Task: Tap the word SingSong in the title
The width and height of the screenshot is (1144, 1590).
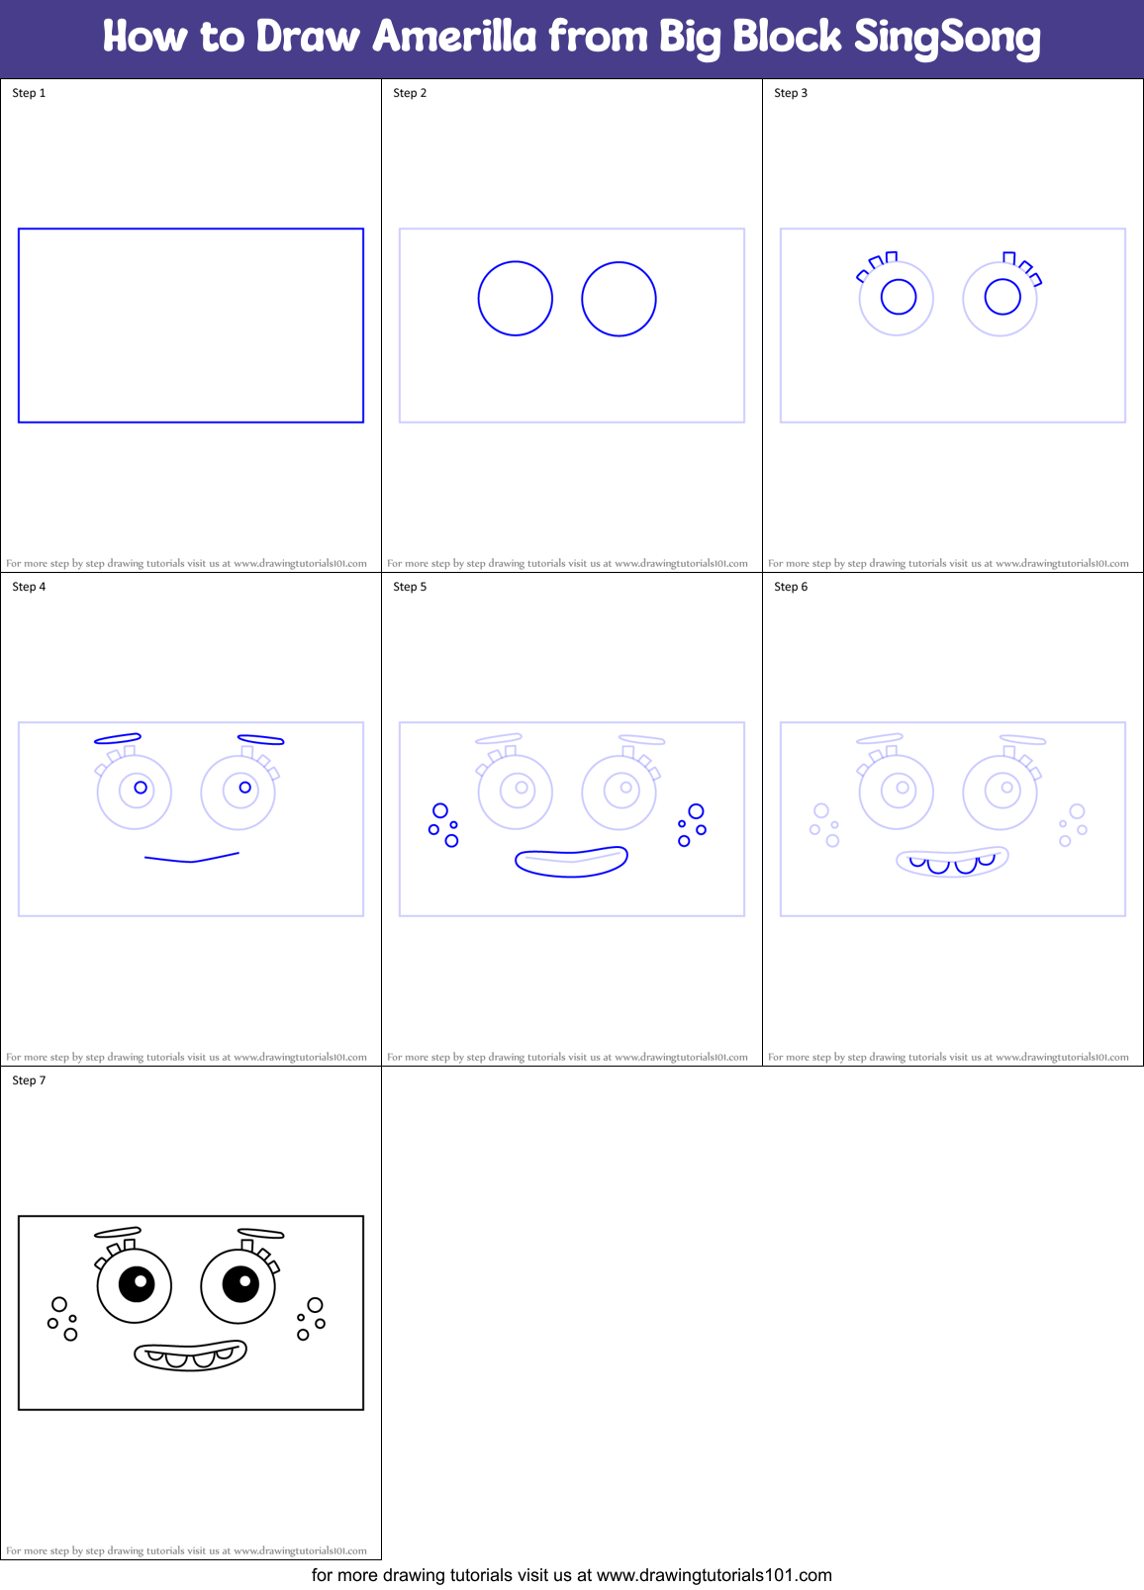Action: (947, 38)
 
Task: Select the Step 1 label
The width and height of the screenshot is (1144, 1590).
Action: (29, 93)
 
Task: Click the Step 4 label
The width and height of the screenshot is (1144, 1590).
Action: (29, 587)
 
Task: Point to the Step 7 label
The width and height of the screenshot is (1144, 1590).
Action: (29, 1080)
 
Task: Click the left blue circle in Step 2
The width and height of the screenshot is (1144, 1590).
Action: (515, 299)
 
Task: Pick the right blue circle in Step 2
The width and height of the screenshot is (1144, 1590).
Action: (619, 299)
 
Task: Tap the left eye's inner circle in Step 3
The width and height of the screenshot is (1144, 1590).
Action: (899, 297)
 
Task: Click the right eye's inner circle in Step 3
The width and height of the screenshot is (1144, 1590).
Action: (1002, 297)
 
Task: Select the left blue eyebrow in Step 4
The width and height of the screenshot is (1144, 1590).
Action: (118, 738)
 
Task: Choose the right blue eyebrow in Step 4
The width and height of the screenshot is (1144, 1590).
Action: (261, 739)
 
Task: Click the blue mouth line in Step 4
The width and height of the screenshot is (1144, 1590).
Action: (191, 859)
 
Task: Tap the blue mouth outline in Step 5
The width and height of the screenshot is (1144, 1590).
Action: (571, 863)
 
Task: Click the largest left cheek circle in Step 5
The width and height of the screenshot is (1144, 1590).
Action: (440, 811)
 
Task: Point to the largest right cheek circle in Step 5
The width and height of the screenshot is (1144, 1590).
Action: (697, 811)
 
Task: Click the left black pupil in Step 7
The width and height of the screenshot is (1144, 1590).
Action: (137, 1284)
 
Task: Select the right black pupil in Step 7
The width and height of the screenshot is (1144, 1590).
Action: (240, 1284)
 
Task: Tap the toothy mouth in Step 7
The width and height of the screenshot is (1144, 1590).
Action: (190, 1356)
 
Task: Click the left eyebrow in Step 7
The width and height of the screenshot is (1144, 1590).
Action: (118, 1232)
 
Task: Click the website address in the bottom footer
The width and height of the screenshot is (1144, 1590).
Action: (714, 1575)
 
